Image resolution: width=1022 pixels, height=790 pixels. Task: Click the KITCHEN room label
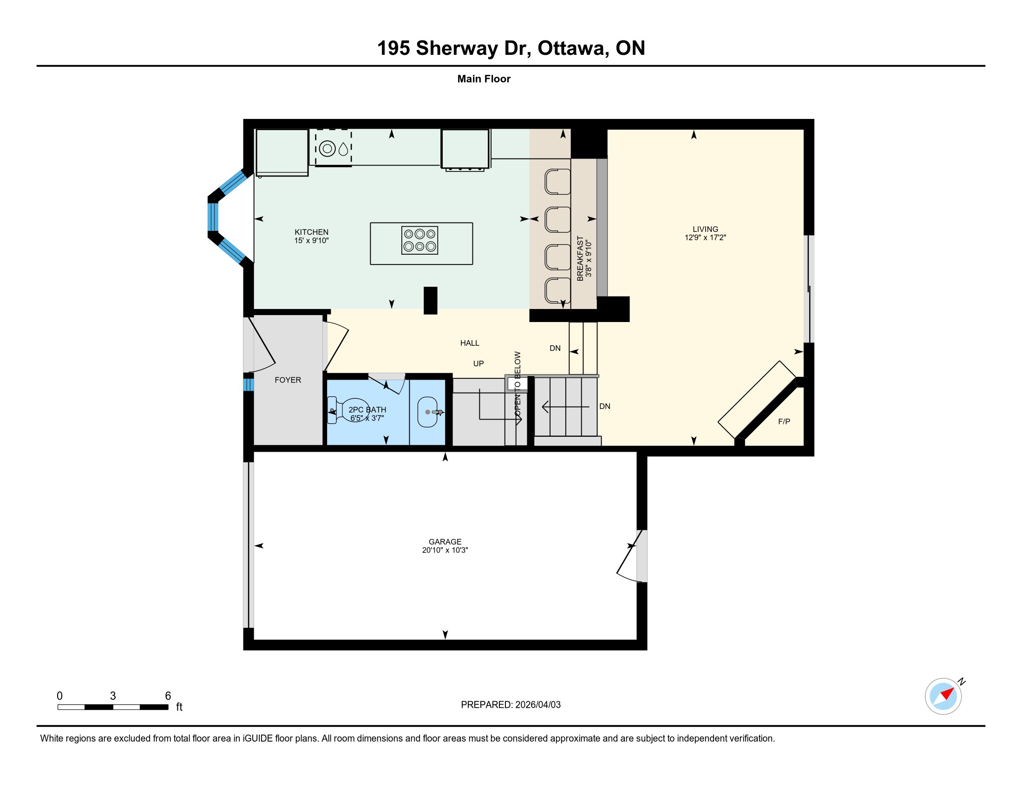click(x=311, y=232)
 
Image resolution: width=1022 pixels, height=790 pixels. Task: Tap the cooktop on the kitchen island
click(x=419, y=240)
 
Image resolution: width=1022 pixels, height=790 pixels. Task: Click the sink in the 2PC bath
click(x=427, y=412)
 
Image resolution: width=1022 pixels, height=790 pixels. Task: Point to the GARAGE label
click(x=445, y=541)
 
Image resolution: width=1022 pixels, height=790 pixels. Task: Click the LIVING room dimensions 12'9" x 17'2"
click(x=705, y=237)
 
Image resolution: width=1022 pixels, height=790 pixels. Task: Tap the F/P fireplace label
click(x=784, y=421)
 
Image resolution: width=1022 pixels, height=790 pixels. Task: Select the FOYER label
click(x=288, y=380)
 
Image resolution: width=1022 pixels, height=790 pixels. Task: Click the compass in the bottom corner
click(x=943, y=697)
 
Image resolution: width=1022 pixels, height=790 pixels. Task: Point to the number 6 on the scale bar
click(x=168, y=696)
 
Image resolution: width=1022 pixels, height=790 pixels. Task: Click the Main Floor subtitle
click(x=484, y=79)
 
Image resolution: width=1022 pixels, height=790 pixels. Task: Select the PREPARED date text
click(x=511, y=705)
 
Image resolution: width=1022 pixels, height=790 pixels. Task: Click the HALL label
click(x=470, y=343)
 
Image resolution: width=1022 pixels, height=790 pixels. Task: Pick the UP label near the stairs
click(x=478, y=364)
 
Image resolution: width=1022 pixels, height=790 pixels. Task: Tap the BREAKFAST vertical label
click(x=580, y=258)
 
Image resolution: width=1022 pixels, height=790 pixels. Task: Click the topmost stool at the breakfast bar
click(x=557, y=182)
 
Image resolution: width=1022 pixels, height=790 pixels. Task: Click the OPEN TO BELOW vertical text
click(x=518, y=384)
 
